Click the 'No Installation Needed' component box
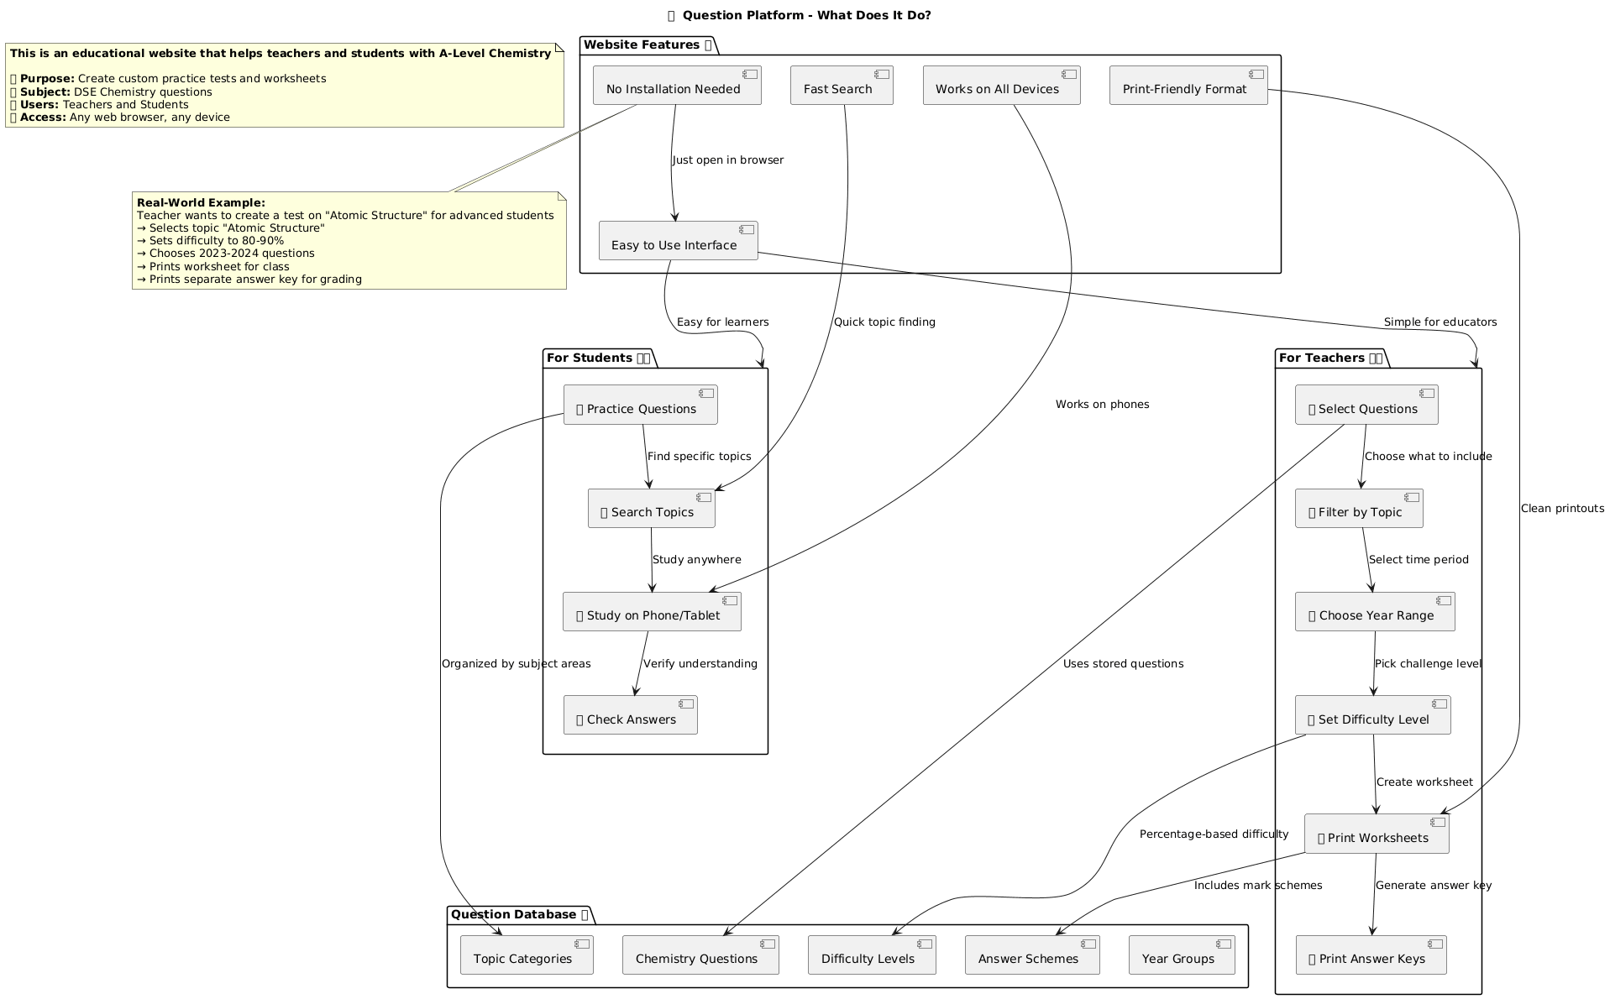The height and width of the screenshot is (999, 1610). pyautogui.click(x=677, y=86)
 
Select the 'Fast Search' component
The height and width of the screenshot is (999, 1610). pyautogui.click(x=841, y=86)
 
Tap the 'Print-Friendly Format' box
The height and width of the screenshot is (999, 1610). pyautogui.click(x=1188, y=86)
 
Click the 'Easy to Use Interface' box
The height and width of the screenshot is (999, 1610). pyautogui.click(x=678, y=242)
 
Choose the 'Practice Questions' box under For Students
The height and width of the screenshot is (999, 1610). pyautogui.click(x=640, y=405)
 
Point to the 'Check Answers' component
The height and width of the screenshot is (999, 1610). pyautogui.click(x=630, y=716)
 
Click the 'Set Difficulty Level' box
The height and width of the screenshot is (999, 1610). pyautogui.click(x=1372, y=716)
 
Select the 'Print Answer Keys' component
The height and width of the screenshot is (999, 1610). pyautogui.click(x=1371, y=955)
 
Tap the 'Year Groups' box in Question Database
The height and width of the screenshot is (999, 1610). pyautogui.click(x=1182, y=955)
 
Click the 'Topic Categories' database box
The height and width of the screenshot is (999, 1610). pyautogui.click(x=527, y=955)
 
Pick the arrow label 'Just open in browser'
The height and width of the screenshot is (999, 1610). pyautogui.click(x=728, y=160)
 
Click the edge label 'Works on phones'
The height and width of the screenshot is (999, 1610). pyautogui.click(x=1102, y=405)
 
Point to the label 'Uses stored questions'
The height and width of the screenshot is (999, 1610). pyautogui.click(x=1123, y=664)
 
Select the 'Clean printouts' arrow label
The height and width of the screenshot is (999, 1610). pyautogui.click(x=1562, y=509)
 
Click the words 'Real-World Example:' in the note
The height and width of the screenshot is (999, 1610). pyautogui.click(x=201, y=203)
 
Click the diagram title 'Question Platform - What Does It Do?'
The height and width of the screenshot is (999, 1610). pyautogui.click(x=806, y=15)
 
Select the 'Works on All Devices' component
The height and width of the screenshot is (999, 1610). pyautogui.click(x=1001, y=86)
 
